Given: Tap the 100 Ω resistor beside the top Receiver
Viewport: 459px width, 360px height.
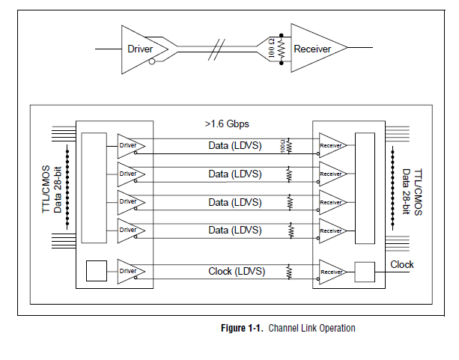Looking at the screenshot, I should pos(280,49).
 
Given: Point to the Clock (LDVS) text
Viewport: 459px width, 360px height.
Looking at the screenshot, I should pos(235,271).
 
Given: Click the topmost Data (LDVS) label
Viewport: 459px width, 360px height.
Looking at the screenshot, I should pos(235,145).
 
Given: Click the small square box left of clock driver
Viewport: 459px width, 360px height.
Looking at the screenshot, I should pos(97,271).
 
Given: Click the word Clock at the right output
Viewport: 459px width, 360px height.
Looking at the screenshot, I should pos(402,264).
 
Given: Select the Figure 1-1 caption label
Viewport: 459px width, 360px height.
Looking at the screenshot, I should pos(288,328).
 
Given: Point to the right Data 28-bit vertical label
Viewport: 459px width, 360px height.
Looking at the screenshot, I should pos(406,189).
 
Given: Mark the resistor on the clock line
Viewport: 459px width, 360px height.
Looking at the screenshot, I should pos(288,272).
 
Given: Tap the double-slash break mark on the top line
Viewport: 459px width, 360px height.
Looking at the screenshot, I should pos(217,49).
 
